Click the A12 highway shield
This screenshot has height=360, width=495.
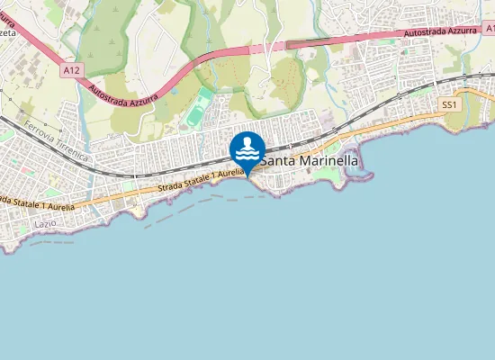coord(72,67)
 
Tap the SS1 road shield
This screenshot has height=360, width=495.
coord(450,105)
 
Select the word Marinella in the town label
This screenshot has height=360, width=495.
coord(328,161)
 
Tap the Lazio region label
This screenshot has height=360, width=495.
coord(45,221)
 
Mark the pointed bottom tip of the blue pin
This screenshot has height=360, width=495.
coord(247,175)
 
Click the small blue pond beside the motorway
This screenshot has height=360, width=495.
coord(174,90)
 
